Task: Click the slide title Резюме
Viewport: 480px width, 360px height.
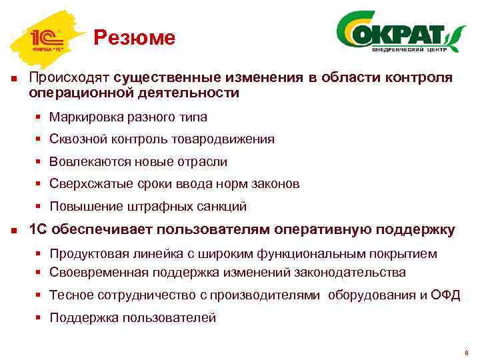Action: [134, 38]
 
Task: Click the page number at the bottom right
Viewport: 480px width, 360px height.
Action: [466, 353]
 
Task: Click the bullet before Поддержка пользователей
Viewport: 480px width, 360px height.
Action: [40, 318]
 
